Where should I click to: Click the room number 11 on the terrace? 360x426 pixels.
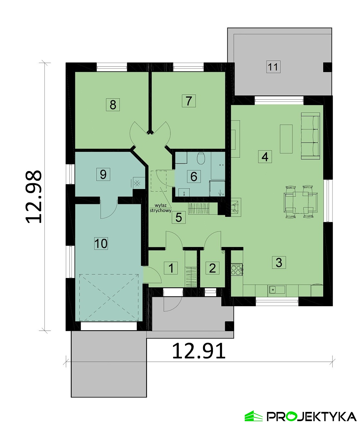click(x=273, y=67)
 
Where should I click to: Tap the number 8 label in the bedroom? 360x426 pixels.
click(x=113, y=105)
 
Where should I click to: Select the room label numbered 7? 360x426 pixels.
click(x=189, y=101)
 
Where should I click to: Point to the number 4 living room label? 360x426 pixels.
click(x=265, y=157)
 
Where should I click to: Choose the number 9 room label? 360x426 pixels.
click(x=103, y=174)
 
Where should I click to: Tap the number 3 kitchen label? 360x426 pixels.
click(x=279, y=262)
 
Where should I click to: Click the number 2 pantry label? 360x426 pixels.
click(x=212, y=268)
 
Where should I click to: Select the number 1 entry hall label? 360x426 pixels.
click(x=171, y=268)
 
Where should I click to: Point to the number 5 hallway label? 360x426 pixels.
click(x=179, y=217)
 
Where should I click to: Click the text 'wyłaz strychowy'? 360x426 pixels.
click(x=160, y=208)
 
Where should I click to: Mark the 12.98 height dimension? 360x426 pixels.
click(x=34, y=197)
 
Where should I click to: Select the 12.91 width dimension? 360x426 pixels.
click(x=199, y=351)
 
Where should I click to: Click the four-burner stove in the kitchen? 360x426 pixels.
click(x=237, y=269)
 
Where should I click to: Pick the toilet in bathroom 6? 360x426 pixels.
click(x=201, y=158)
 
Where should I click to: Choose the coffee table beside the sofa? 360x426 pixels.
click(x=286, y=139)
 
